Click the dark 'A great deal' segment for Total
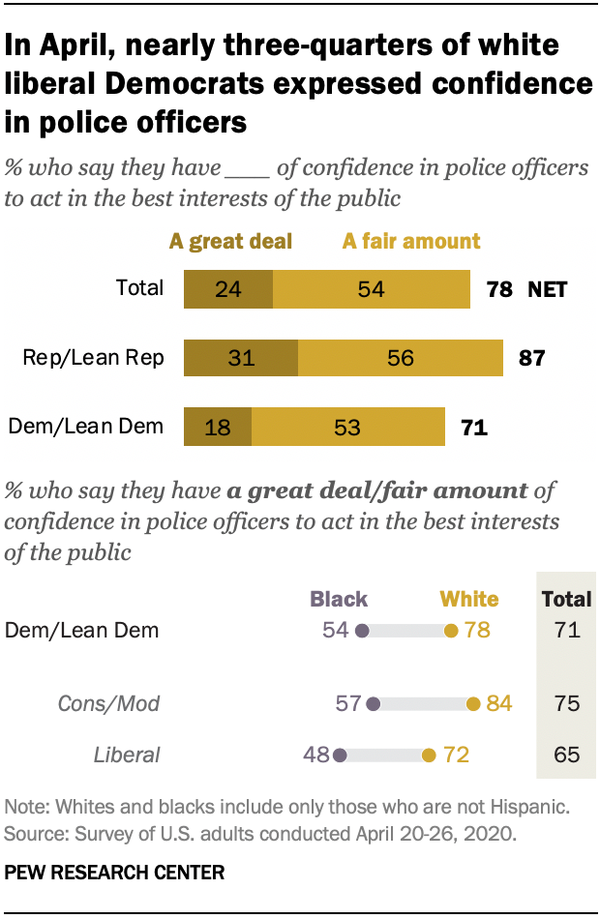pos(228,289)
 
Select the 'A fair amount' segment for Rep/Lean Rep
pos(401,358)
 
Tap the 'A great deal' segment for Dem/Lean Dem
pos(218,427)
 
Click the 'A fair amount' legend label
pos(411,242)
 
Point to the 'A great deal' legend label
pos(230,242)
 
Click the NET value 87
pos(532,359)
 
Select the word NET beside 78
pos(547,289)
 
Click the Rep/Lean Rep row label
pos(93,359)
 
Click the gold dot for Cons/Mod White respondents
pos(473,704)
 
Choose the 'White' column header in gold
pos(469,600)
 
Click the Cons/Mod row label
pos(121,704)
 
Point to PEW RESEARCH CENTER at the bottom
pos(115,873)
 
